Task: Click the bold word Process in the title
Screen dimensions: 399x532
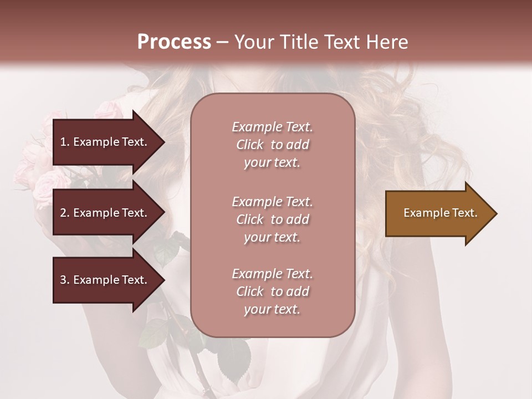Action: tap(174, 42)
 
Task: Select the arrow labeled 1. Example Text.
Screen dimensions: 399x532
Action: tap(105, 142)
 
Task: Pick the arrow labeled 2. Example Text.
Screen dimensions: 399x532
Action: tap(105, 213)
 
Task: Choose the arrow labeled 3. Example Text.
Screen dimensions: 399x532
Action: tap(105, 280)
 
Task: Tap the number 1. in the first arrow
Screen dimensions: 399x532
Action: tap(65, 142)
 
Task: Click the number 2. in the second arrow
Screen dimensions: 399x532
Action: tap(65, 213)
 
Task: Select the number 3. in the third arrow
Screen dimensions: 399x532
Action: tap(65, 280)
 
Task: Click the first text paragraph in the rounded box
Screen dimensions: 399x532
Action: tap(272, 145)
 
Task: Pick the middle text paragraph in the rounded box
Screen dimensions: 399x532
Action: tap(272, 219)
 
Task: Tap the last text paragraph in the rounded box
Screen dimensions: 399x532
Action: tap(272, 291)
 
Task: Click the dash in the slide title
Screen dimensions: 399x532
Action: tap(222, 42)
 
